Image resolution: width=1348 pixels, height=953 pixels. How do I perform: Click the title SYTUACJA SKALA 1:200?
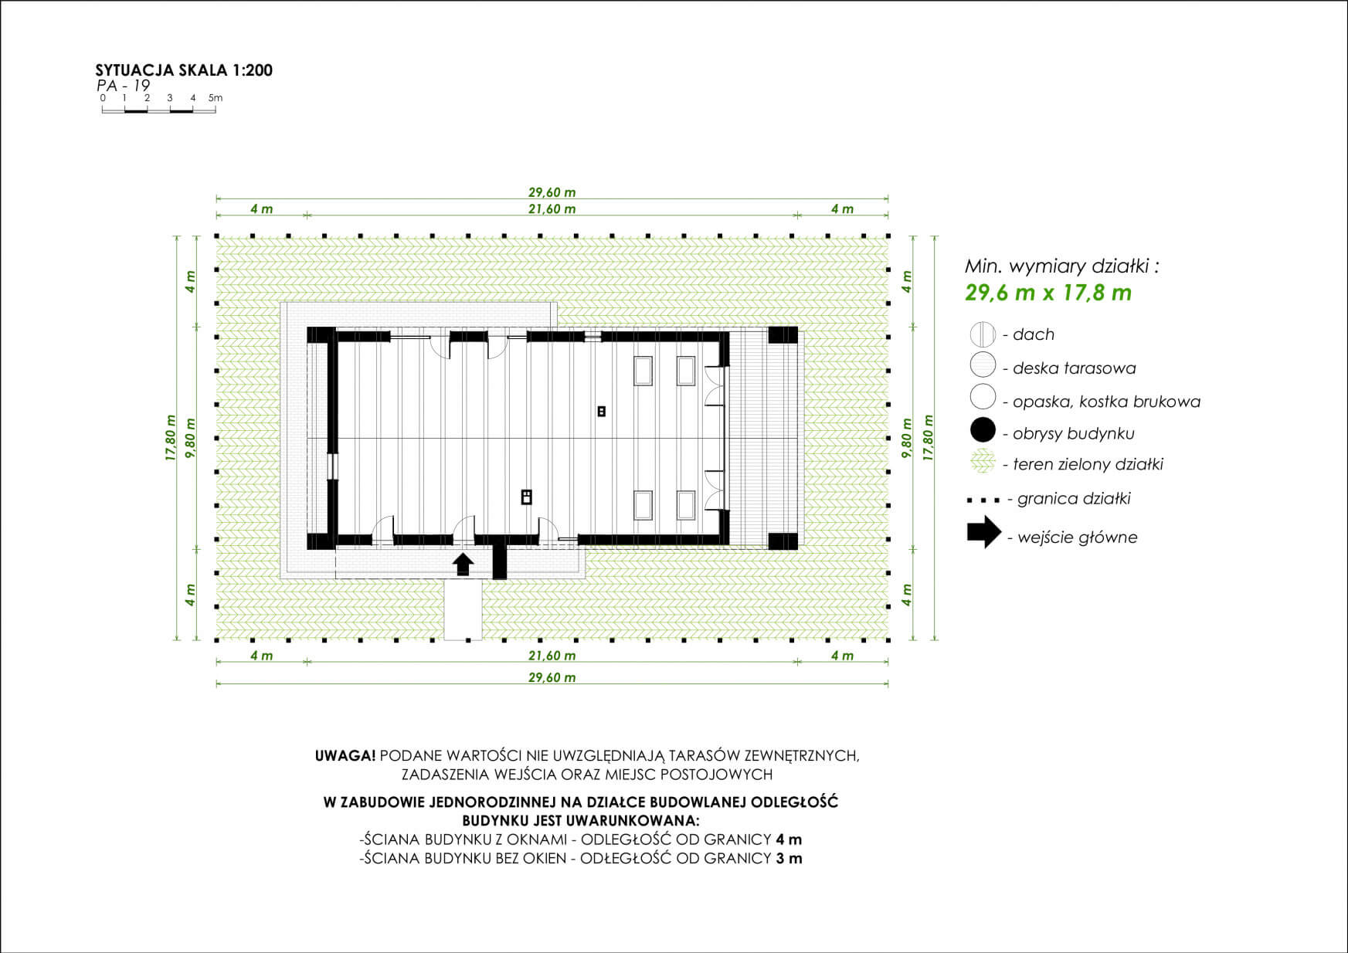[x=184, y=70]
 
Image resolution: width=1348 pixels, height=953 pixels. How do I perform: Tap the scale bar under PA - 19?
[x=158, y=110]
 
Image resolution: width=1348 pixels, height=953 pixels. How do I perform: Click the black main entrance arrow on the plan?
[x=463, y=564]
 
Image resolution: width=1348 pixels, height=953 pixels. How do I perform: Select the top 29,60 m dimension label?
[x=552, y=192]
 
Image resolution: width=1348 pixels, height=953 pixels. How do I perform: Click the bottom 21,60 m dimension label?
[x=552, y=656]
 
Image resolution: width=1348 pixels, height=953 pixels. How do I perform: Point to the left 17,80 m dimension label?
[x=171, y=438]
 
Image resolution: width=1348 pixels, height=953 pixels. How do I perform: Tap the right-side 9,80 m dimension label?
[x=908, y=439]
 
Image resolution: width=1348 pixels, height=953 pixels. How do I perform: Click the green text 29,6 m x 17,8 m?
[x=1048, y=293]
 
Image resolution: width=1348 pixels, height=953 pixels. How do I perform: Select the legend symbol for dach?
[x=983, y=335]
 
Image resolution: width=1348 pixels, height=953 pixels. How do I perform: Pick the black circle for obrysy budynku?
[x=983, y=431]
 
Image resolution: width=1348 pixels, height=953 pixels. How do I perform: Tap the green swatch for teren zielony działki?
[x=983, y=463]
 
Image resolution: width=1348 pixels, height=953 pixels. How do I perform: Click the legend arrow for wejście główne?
[x=984, y=532]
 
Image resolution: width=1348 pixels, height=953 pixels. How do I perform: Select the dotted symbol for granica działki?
[x=983, y=500]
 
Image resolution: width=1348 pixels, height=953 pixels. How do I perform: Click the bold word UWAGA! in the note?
[x=345, y=755]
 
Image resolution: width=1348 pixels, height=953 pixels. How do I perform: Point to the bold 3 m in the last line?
[x=789, y=858]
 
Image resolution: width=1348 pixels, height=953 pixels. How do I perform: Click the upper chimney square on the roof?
[x=601, y=412]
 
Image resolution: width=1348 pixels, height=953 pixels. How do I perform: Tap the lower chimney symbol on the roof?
[x=526, y=496]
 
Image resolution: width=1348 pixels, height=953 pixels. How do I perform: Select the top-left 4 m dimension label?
[x=261, y=209]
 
